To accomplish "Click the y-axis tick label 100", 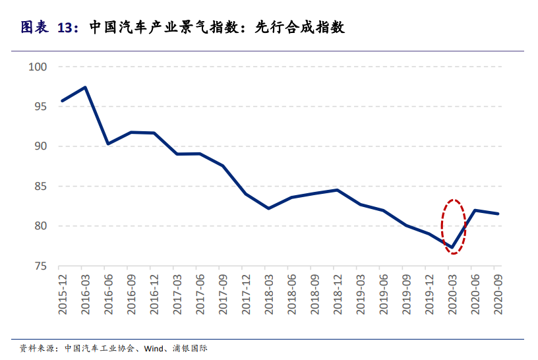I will click(39, 67).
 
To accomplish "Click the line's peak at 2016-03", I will click(85, 87).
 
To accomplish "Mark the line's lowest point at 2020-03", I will click(452, 248).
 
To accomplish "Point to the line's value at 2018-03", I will click(269, 208).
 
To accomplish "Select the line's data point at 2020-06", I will click(475, 210).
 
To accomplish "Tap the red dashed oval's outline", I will click(442, 225).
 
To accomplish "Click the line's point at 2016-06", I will click(108, 144).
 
